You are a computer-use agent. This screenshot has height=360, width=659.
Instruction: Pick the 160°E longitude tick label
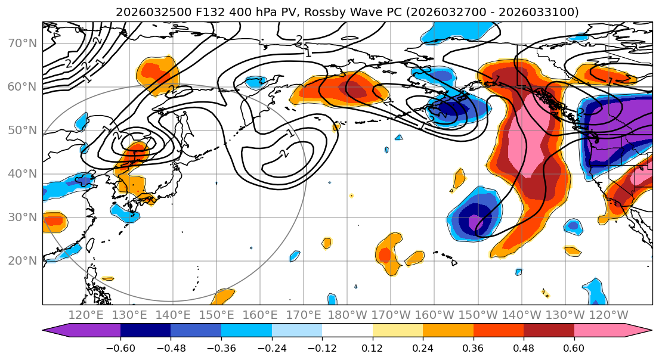260,315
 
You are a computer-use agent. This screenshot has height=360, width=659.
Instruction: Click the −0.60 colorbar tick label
120,347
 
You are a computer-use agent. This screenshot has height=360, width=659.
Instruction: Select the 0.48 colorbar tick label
524,347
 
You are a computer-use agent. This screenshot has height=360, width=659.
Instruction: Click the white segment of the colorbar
347,331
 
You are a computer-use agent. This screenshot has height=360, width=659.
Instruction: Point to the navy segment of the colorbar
145,331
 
